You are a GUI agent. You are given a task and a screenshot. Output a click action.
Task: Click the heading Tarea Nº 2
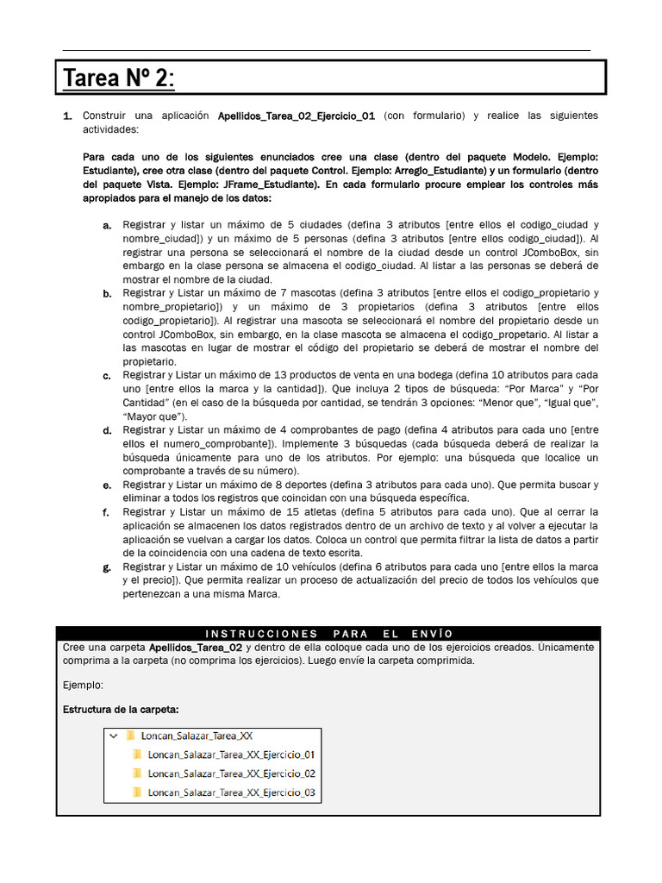click(x=119, y=78)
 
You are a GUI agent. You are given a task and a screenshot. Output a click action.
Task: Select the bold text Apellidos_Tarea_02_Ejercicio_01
click(x=296, y=116)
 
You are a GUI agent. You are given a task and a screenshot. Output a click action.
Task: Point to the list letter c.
click(x=107, y=376)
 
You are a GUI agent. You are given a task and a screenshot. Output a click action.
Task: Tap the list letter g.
click(x=107, y=567)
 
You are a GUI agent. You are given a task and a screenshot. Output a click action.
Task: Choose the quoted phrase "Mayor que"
click(x=149, y=416)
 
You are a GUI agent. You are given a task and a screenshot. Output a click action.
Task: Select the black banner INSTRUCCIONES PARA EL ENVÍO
click(x=328, y=634)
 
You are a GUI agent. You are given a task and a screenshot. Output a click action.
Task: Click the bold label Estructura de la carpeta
click(x=121, y=710)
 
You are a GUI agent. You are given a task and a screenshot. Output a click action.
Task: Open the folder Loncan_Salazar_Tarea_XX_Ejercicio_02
click(x=231, y=773)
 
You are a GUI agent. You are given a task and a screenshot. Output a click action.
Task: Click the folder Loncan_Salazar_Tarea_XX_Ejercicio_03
click(x=231, y=792)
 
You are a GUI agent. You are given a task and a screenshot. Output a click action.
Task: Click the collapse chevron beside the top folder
click(x=113, y=736)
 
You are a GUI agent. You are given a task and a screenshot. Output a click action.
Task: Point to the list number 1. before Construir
click(x=67, y=116)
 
